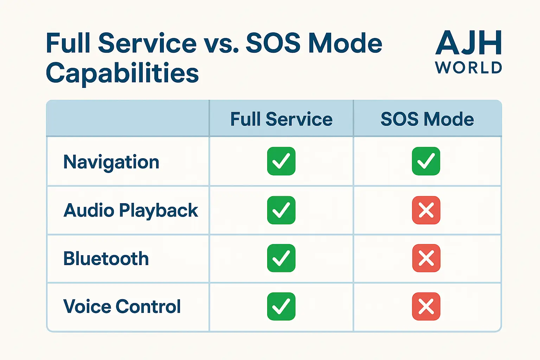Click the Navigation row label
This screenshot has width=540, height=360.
tap(111, 162)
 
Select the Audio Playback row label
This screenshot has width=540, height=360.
tap(131, 211)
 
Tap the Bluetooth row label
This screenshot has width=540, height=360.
tap(106, 258)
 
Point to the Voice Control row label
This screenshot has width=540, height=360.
tap(122, 307)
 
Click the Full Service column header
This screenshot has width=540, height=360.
tap(281, 119)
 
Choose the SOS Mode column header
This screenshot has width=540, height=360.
tap(427, 119)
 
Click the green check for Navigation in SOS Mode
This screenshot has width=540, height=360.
tap(426, 161)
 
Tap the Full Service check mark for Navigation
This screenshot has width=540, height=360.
tap(281, 161)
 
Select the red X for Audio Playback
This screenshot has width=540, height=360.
tap(426, 210)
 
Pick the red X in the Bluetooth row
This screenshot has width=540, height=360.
tap(426, 258)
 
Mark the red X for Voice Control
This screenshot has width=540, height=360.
tap(426, 306)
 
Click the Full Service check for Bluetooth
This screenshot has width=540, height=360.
tap(281, 258)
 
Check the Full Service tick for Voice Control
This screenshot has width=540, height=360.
tap(281, 306)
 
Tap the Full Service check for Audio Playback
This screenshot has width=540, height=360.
tap(281, 210)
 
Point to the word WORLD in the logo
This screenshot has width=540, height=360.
tap(468, 67)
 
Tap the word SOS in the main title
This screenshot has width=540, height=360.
tap(273, 43)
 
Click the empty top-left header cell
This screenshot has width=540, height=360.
tap(128, 118)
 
